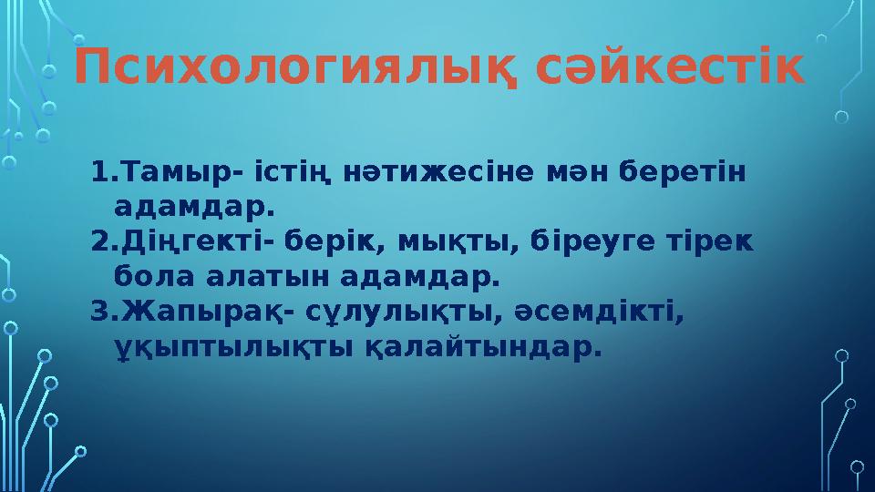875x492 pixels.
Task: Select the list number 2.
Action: [x=100, y=241]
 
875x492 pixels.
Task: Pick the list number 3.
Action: [x=100, y=313]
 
